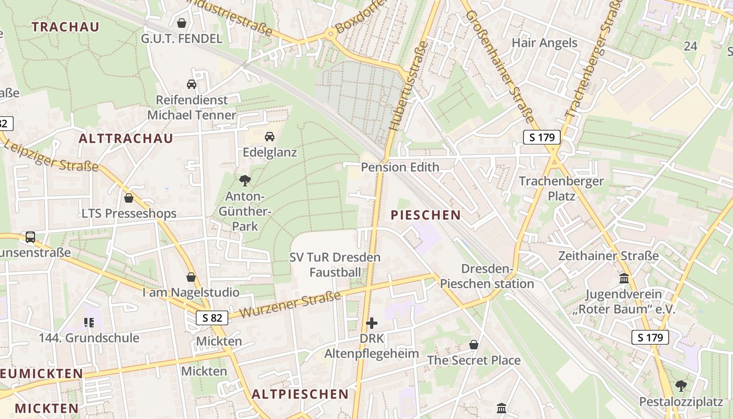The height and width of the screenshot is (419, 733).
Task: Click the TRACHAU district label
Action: pyautogui.click(x=65, y=27)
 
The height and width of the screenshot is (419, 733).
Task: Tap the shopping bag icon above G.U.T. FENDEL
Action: pyautogui.click(x=182, y=23)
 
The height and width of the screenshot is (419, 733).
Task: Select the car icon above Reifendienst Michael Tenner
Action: pyautogui.click(x=192, y=84)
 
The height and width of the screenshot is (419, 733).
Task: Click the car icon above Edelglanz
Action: pyautogui.click(x=270, y=137)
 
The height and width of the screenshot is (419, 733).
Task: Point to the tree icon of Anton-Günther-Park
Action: pyautogui.click(x=245, y=181)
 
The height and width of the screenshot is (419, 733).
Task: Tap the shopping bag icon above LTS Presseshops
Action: pyautogui.click(x=129, y=198)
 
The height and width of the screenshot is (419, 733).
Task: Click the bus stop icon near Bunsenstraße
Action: pyautogui.click(x=30, y=237)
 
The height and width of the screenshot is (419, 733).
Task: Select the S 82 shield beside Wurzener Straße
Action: pyautogui.click(x=213, y=317)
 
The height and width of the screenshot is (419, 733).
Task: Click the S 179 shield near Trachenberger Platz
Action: pyautogui.click(x=542, y=138)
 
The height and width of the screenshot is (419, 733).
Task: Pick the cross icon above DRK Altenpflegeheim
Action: pyautogui.click(x=372, y=323)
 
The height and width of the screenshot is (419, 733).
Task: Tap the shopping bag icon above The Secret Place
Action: pyautogui.click(x=474, y=345)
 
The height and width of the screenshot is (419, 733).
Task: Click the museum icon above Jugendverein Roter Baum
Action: pyautogui.click(x=624, y=278)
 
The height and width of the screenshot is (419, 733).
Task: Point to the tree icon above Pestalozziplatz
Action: pyautogui.click(x=681, y=386)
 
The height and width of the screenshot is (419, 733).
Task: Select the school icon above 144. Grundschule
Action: pyautogui.click(x=89, y=322)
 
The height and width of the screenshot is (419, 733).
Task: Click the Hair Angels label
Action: pyautogui.click(x=545, y=43)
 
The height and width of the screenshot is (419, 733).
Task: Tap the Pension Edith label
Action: pyautogui.click(x=400, y=167)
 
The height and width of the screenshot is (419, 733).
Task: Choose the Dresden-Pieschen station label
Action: pyautogui.click(x=486, y=277)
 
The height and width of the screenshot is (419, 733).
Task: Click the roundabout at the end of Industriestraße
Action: pyautogui.click(x=330, y=34)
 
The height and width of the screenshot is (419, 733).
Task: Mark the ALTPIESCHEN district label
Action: pyautogui.click(x=300, y=394)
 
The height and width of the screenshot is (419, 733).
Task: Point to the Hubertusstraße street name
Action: pyautogui.click(x=408, y=86)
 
